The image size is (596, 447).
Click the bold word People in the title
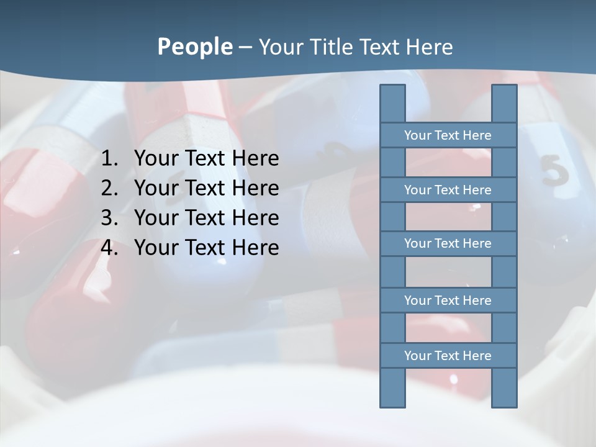click(x=194, y=47)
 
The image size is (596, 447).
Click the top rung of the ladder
click(x=448, y=135)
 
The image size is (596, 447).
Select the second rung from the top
click(x=448, y=190)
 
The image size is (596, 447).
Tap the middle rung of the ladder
click(x=448, y=243)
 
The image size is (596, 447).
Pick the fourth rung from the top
click(x=448, y=300)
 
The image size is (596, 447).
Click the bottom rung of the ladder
click(x=448, y=356)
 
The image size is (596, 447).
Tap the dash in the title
click(x=245, y=47)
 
